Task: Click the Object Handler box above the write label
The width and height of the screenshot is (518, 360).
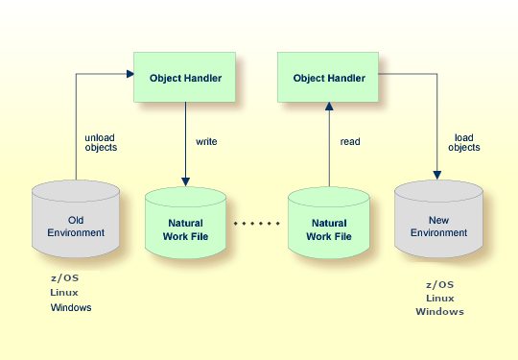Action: point(185,77)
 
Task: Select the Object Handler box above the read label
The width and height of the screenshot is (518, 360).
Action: point(328,77)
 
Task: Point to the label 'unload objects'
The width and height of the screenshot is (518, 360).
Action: point(101,141)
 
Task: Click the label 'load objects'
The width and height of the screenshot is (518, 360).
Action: point(466,142)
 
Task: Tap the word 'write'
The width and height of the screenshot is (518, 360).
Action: point(206,141)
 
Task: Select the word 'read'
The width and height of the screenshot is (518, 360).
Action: point(350,141)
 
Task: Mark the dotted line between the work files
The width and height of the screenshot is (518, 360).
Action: point(257,224)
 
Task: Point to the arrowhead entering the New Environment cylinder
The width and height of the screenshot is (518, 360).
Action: point(437,176)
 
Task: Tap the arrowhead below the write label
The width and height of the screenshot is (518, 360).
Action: point(185,182)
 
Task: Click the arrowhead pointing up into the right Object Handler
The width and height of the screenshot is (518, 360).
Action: point(328,108)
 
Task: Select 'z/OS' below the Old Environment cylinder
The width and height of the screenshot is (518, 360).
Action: point(63,277)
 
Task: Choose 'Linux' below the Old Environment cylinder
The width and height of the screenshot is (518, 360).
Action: point(64,293)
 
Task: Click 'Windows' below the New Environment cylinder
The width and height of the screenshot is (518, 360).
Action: point(439,312)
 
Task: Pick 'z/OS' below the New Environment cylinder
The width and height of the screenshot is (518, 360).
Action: point(439,284)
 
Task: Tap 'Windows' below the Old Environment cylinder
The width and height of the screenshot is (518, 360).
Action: point(71,308)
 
